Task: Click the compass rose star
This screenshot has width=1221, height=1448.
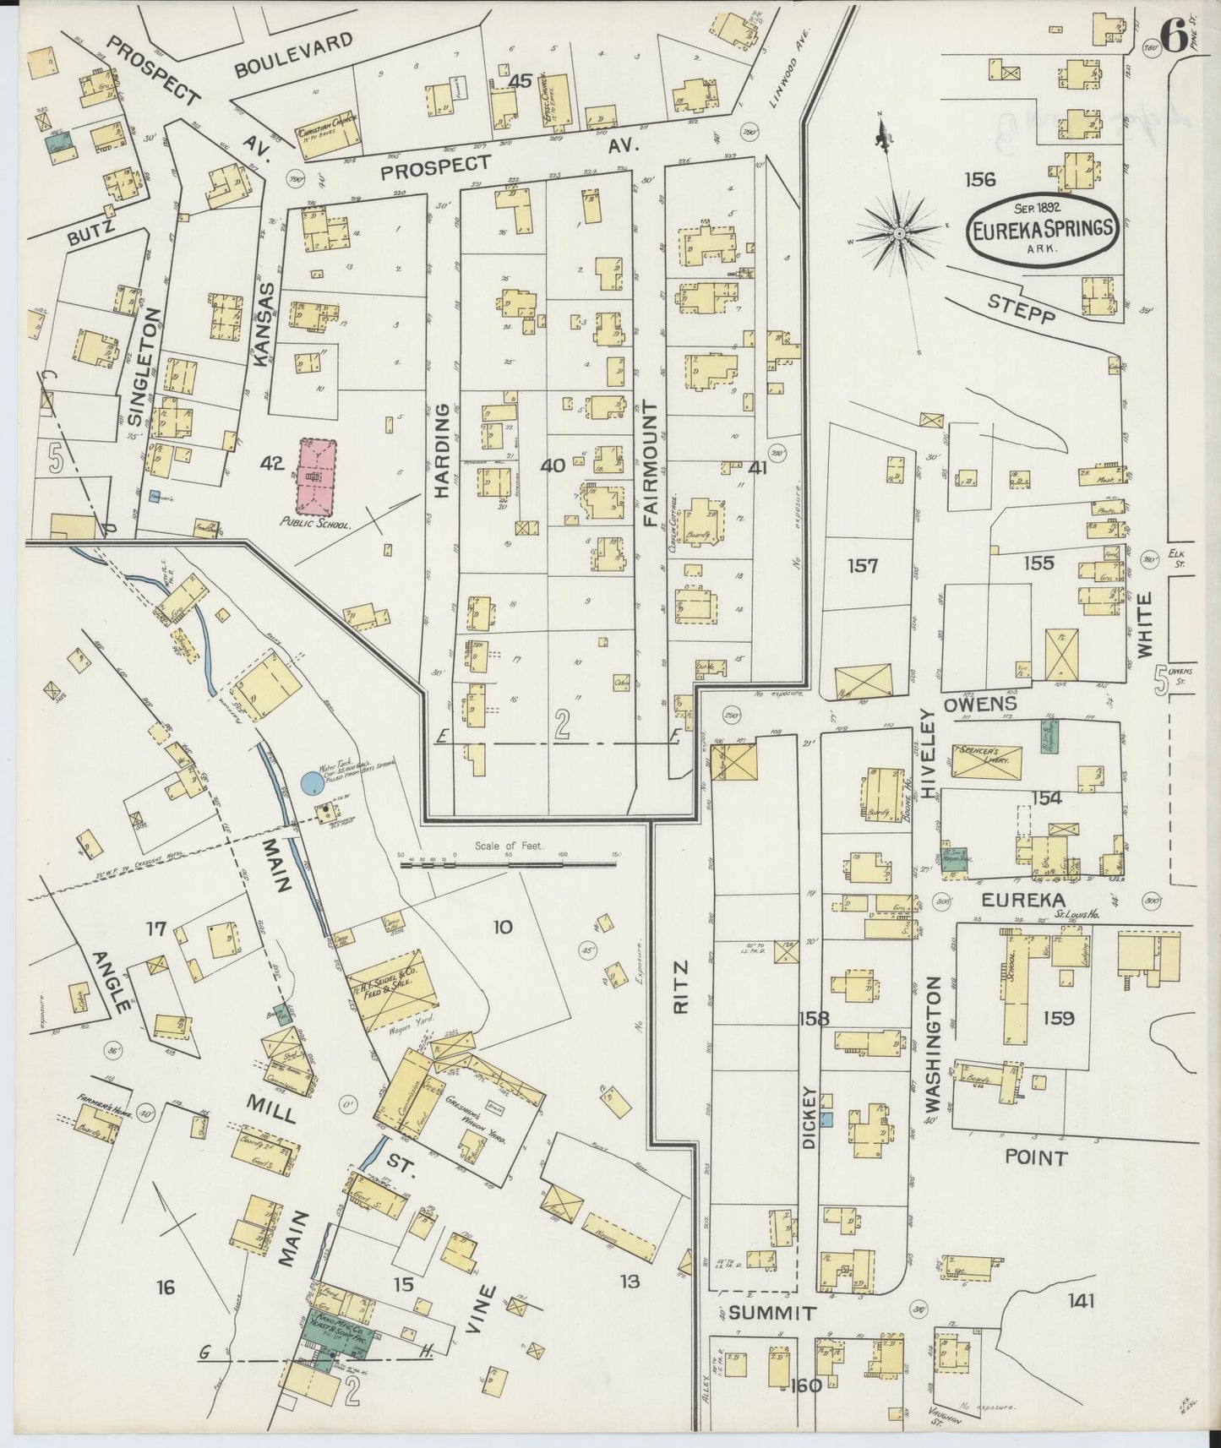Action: click(900, 231)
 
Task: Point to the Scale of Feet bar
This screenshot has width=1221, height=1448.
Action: click(508, 864)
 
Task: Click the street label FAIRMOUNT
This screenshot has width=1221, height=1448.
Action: click(650, 464)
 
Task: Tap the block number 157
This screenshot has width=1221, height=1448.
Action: click(863, 565)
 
